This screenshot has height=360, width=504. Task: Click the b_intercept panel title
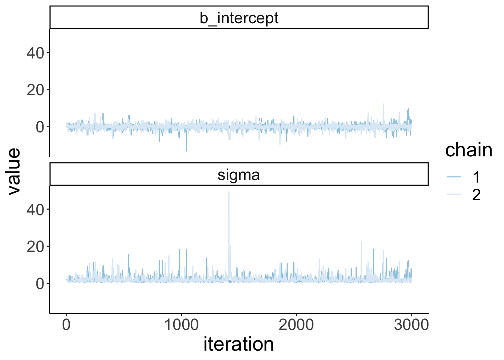point(239,18)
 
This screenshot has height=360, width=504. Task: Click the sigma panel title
point(239,175)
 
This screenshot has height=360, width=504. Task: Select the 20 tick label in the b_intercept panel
point(35,90)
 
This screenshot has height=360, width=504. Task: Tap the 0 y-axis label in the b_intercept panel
point(40,127)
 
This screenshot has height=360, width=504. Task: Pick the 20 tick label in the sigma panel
point(35,247)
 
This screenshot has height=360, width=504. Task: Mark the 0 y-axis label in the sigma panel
point(40,284)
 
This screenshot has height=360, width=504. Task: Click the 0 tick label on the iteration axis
point(66,325)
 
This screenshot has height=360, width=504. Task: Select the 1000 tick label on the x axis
point(181,325)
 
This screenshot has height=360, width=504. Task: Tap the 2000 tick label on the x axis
point(296,325)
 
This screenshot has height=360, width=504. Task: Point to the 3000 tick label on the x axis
point(411,325)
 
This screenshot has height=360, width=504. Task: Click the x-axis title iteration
point(238,344)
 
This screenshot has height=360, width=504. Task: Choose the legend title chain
point(468,150)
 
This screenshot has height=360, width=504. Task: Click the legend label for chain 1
point(476,177)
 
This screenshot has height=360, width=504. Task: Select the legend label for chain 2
point(476,195)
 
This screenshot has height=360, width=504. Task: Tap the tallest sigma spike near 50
point(229,192)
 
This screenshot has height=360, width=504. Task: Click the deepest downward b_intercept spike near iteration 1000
point(186,150)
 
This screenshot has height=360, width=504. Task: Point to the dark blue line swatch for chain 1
point(454,177)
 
